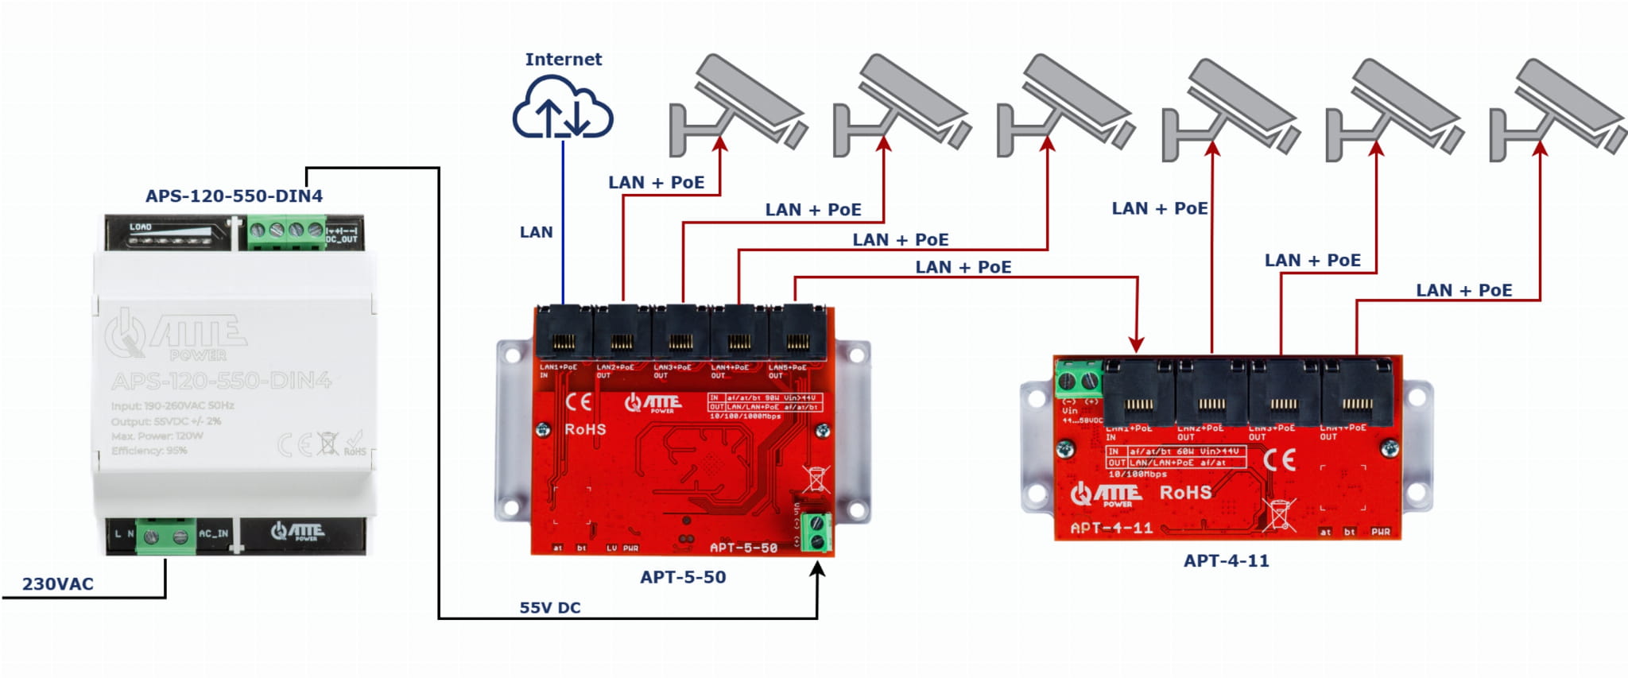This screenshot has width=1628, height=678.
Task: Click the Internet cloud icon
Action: point(562,107)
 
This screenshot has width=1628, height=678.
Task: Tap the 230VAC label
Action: point(57,584)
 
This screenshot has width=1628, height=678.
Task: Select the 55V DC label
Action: point(549,608)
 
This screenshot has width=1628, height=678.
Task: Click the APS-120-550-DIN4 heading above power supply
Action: point(234,196)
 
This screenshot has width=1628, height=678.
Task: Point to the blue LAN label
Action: point(536,232)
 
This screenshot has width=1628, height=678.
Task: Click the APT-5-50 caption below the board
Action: point(683,577)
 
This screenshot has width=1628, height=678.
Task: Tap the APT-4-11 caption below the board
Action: point(1226,560)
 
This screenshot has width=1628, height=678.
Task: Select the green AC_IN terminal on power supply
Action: point(165,537)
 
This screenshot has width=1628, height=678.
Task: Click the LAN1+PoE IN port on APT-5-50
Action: point(564,334)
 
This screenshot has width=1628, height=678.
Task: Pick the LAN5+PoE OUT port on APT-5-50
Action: point(797,334)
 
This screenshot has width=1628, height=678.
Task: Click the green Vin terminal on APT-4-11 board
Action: point(1078,381)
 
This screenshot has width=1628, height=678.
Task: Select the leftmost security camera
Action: point(735,107)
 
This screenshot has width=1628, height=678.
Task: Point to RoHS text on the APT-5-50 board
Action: point(585,430)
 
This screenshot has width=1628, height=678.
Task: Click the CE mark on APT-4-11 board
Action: point(1279,459)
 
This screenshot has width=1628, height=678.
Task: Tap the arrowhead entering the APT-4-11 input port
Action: point(1137,344)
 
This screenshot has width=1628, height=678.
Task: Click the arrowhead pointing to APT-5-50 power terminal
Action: point(817,569)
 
